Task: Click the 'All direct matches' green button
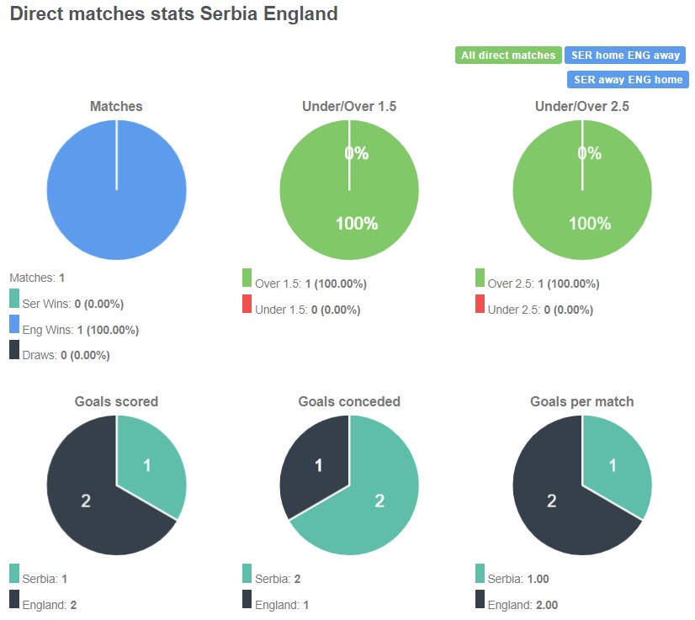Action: [x=508, y=56]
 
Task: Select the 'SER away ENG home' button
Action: [x=627, y=79]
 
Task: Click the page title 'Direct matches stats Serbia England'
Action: [x=173, y=14]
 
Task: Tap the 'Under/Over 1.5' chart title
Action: [x=349, y=107]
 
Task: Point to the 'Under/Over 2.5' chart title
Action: [x=582, y=107]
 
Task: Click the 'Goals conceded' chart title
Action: [x=349, y=402]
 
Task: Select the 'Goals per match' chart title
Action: [x=582, y=402]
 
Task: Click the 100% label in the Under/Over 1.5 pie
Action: [x=357, y=224]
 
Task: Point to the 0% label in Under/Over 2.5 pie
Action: [x=590, y=153]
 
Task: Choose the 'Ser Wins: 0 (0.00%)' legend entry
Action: [x=72, y=304]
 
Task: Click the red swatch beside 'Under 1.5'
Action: [x=247, y=305]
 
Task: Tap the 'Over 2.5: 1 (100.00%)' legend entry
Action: [x=543, y=284]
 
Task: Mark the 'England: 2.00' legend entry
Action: [x=523, y=605]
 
